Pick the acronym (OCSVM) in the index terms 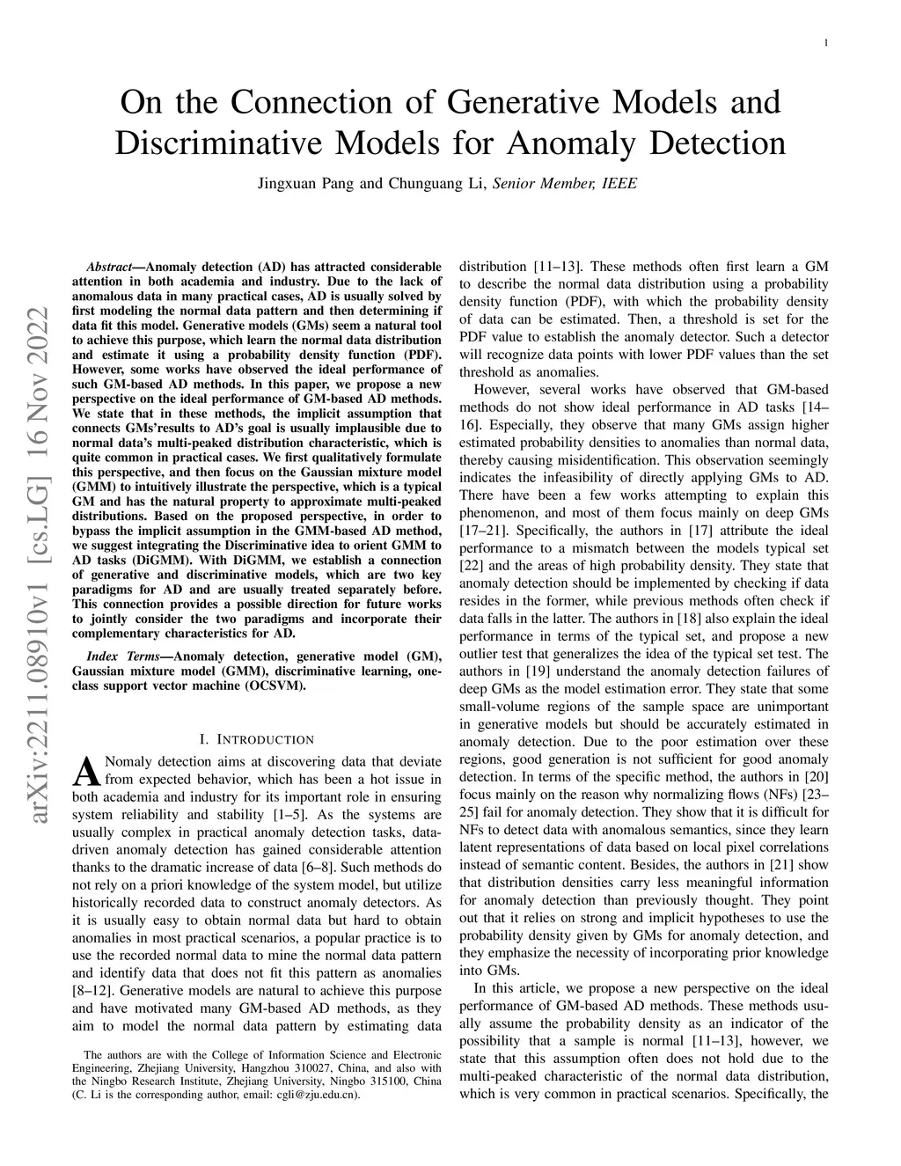[x=277, y=686]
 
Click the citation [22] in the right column [x=472, y=566]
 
